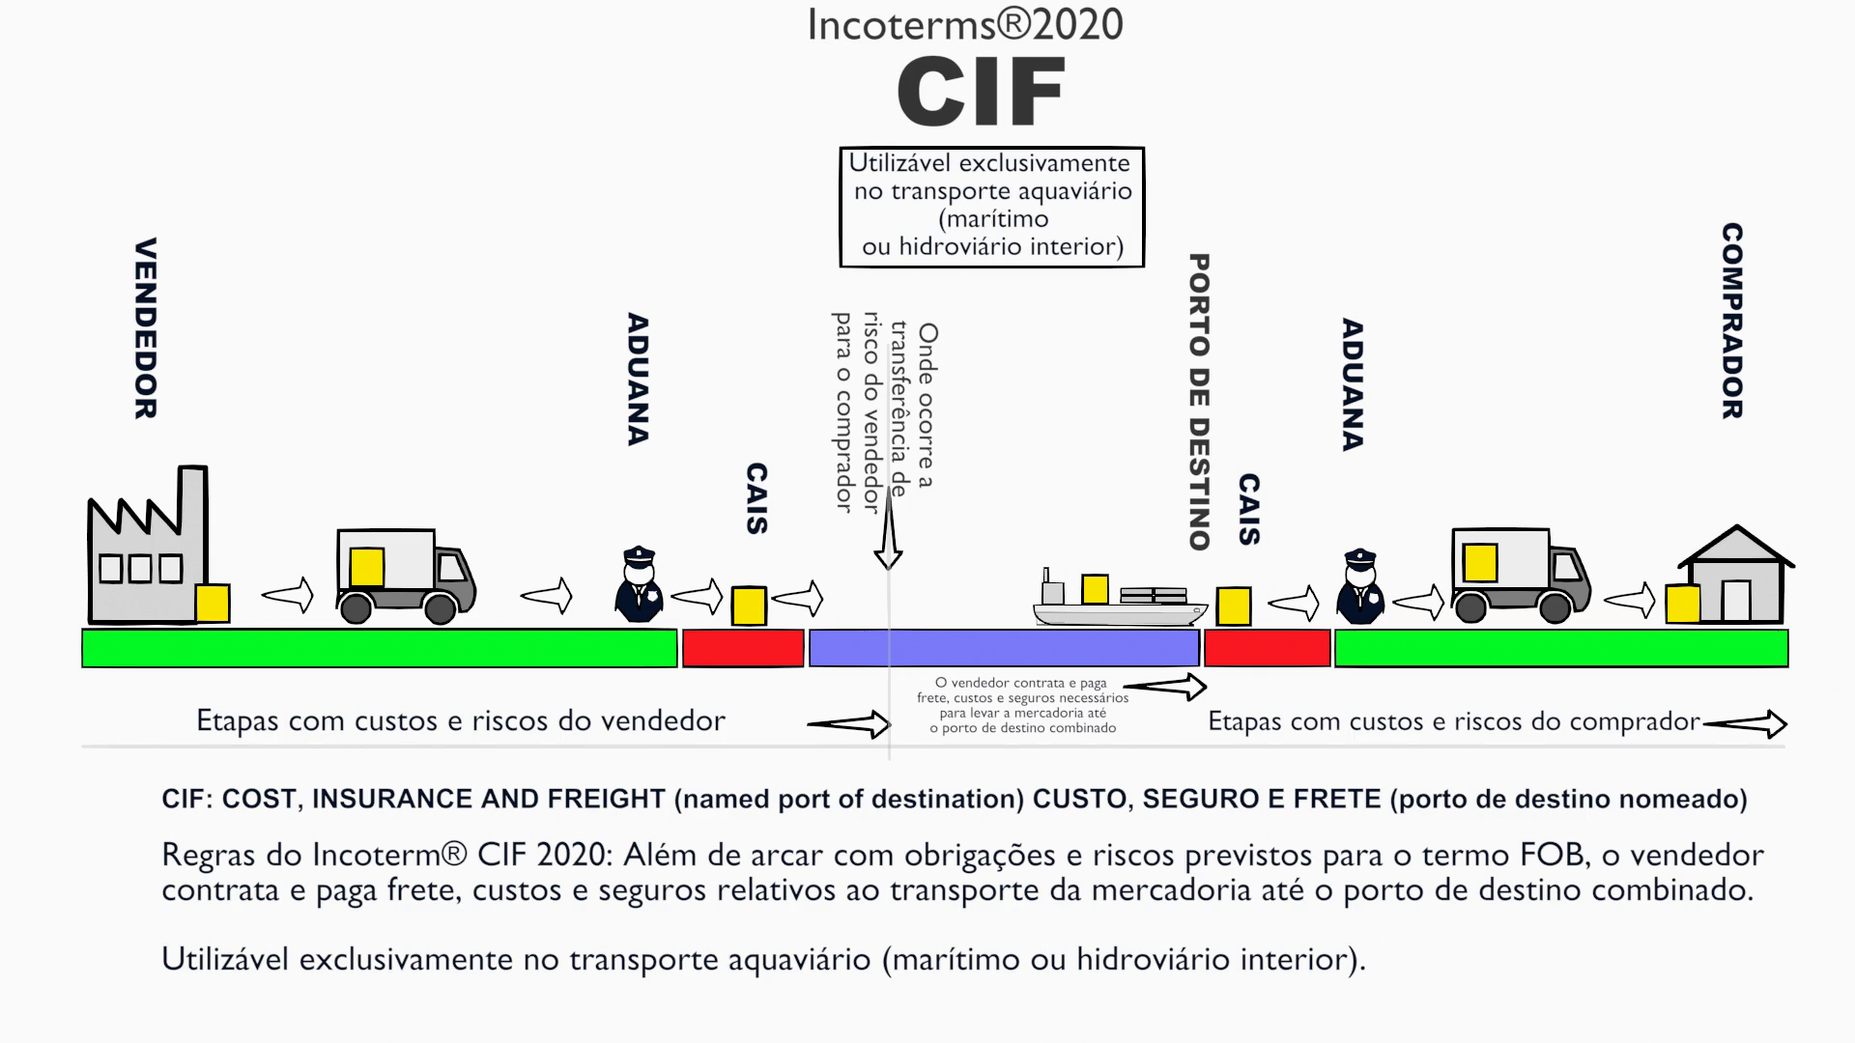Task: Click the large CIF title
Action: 981,92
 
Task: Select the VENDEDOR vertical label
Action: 145,328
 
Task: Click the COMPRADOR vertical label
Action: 1732,322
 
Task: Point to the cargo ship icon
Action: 1121,604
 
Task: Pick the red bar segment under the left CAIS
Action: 743,648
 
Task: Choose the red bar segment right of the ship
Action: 1267,648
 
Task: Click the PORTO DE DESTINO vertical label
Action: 1199,402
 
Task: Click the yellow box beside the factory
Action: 213,604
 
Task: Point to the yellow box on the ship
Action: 1095,588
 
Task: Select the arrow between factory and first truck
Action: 288,595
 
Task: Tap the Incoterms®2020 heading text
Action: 964,24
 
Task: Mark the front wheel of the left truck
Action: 441,608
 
